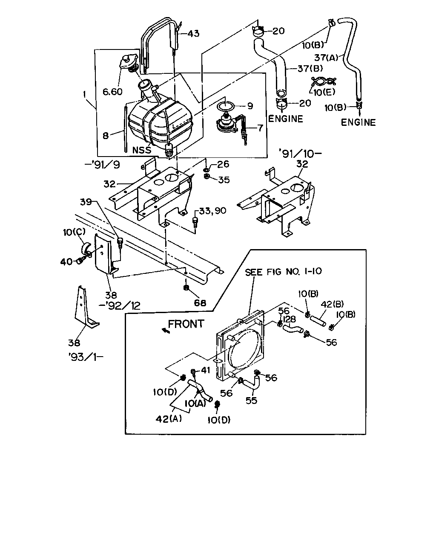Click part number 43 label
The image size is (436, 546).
click(194, 34)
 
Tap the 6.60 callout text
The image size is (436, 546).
click(112, 92)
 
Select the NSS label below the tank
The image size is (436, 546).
click(142, 150)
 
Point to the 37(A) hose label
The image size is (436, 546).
click(326, 58)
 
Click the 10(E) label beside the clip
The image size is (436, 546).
click(324, 92)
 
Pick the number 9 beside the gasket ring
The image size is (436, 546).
click(250, 106)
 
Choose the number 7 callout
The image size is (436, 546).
click(260, 128)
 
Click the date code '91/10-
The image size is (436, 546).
click(300, 154)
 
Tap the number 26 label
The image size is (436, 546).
click(223, 164)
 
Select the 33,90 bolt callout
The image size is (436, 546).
click(212, 211)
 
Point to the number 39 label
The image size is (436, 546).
click(86, 202)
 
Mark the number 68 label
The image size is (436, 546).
click(200, 303)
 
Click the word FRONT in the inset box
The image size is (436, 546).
click(186, 324)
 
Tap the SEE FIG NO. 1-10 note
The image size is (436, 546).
click(283, 272)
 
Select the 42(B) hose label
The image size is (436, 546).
click(333, 304)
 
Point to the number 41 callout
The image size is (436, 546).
click(206, 370)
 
